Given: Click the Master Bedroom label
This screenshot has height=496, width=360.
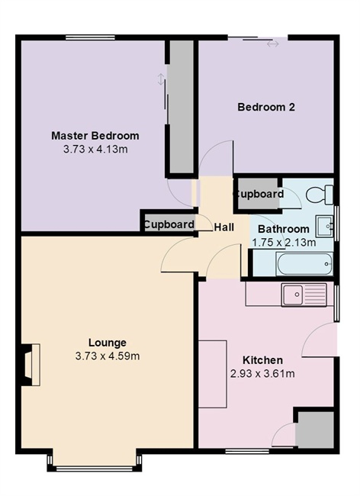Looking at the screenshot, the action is pos(95,136).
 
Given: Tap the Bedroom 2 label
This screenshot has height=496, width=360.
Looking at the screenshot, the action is pos(266,107).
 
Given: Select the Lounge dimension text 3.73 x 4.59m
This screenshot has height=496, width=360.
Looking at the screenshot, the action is pos(108,356).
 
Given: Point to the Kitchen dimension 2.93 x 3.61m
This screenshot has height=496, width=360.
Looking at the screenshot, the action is pos(262,374).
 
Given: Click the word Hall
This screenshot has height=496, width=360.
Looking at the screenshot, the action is pos(224,227).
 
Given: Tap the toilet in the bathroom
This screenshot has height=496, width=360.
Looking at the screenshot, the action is pos(320,195).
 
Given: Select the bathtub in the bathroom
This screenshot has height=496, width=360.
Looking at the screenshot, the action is pos(304,264).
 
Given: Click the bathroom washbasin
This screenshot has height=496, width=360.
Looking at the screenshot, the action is pos(325,226).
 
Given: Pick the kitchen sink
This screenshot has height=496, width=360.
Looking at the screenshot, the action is pos(304,295).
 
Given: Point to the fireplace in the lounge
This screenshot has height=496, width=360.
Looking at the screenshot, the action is pos(31,365).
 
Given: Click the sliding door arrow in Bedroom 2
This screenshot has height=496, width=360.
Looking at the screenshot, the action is pos(273,44).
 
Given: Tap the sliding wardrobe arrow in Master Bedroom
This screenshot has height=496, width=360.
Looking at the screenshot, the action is pos(161,79).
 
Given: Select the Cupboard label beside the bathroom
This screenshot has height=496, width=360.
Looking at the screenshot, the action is pos(259,194).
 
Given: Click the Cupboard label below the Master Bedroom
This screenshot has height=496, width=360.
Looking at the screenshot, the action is pos(169,224).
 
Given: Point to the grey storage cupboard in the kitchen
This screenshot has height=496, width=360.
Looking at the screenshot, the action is pos(314,430).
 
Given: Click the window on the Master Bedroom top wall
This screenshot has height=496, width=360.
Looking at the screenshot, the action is pos(91,37).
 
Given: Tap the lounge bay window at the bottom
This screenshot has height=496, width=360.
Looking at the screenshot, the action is pos(95,468).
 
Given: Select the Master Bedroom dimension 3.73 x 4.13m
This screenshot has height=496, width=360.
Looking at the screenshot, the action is pos(95,149).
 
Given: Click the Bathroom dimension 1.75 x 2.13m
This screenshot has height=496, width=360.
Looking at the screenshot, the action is pos(284,243).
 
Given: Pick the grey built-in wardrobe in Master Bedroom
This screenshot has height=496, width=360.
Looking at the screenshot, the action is pos(180,107).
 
